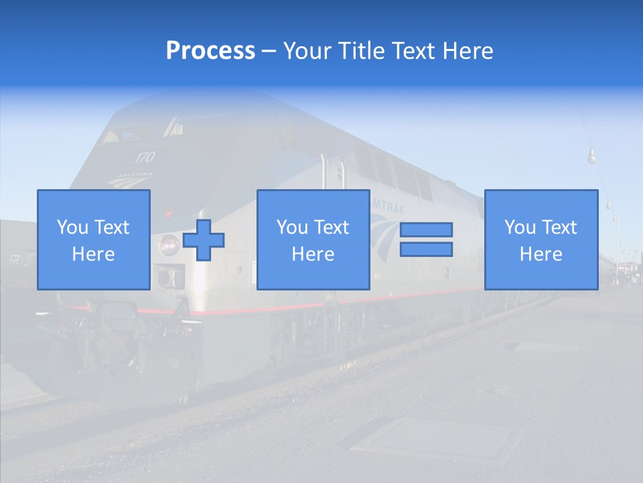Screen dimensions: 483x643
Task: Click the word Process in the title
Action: (210, 51)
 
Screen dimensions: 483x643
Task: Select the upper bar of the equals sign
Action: (426, 229)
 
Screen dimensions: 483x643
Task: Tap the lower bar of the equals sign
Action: (426, 249)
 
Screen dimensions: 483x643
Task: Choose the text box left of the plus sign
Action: (94, 239)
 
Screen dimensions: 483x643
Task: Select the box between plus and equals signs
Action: (313, 239)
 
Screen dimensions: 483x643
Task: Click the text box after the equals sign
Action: (541, 239)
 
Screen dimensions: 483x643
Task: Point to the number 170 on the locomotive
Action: (144, 158)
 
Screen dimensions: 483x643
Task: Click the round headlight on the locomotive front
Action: (168, 245)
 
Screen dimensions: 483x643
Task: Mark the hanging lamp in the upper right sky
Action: (591, 157)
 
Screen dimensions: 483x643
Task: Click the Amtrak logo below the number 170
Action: (135, 178)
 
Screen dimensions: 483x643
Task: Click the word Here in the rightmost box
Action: (541, 254)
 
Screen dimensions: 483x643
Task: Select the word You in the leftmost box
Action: (72, 227)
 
